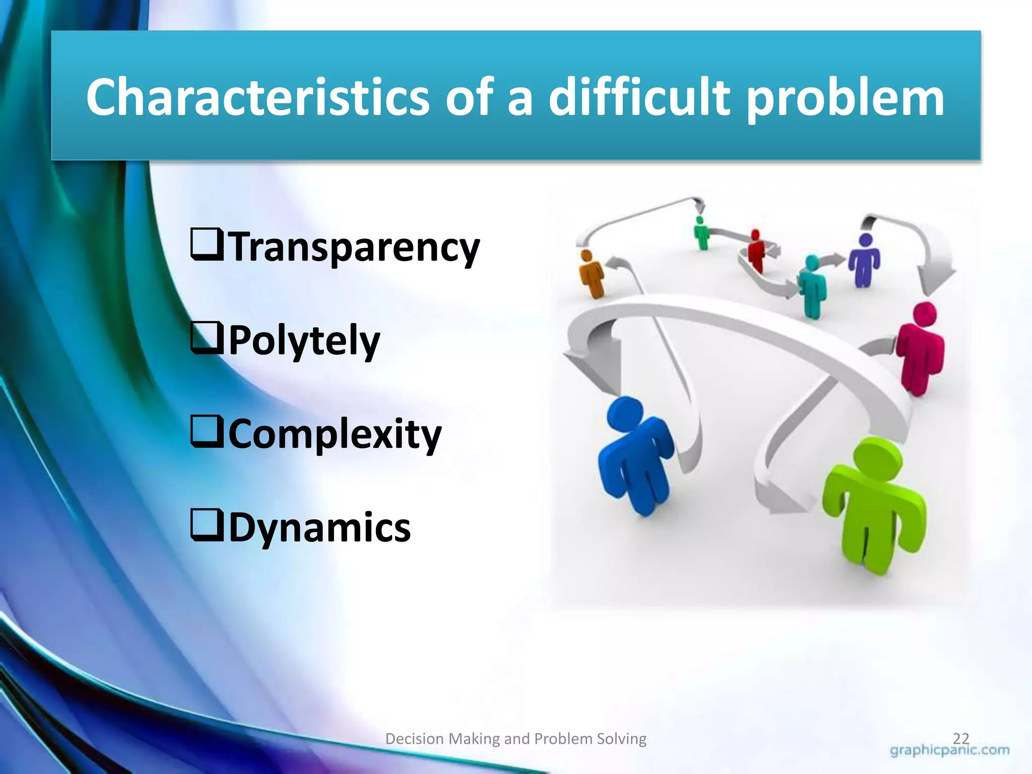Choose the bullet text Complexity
coord(335,434)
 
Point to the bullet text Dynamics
coord(319,528)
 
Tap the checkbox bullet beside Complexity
coord(207,432)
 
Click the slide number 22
coord(961,739)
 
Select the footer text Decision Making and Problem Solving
coord(515,739)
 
